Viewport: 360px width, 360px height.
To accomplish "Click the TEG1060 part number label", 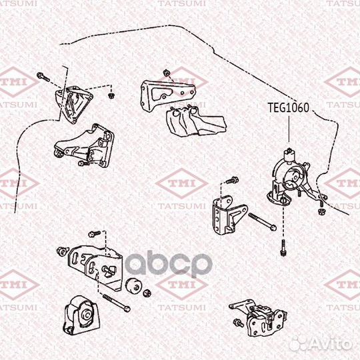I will click(x=288, y=108).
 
